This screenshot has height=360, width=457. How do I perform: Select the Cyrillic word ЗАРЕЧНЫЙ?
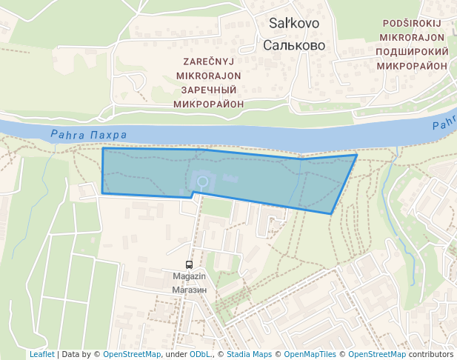coord(209,90)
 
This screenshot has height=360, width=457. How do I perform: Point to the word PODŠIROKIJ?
coord(412,24)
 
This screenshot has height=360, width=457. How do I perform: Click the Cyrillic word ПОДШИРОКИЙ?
coord(412,52)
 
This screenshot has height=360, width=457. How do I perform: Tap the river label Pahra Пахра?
coord(89,135)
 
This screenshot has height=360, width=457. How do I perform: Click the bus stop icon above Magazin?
coord(189,264)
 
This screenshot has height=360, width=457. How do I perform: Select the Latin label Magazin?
coord(189,277)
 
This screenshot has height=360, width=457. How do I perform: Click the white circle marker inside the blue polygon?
coord(201,181)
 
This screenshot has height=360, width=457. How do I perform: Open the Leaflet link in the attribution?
coord(41,355)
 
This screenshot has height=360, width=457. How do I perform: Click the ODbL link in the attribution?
coord(200,355)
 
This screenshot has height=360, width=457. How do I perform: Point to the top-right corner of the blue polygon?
coord(357,155)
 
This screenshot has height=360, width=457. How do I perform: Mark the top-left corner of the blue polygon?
coord(103,149)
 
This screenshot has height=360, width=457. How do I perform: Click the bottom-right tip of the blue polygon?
coord(330,213)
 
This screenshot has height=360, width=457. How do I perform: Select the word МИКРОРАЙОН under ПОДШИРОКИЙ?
coord(412,66)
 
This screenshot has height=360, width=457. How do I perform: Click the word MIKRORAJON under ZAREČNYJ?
coord(209,76)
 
